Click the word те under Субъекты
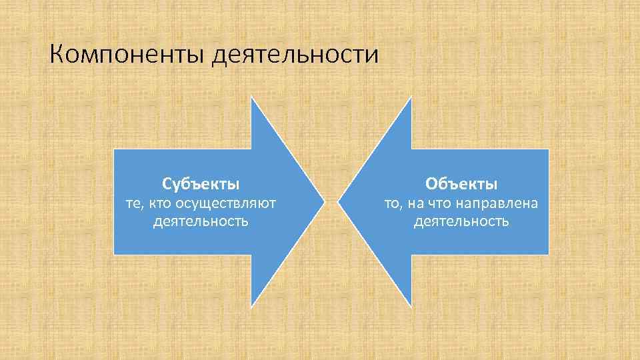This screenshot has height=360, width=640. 135,203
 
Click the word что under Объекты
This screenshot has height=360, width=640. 446,203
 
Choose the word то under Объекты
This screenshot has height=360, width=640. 393,203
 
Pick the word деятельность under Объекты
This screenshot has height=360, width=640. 461,221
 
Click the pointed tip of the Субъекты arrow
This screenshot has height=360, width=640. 324,201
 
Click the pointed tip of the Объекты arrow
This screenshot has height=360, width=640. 339,201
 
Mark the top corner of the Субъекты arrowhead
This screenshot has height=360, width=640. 252,97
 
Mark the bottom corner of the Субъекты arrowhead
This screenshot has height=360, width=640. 252,306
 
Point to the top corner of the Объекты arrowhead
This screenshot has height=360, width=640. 411,97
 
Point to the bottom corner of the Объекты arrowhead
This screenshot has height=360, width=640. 411,306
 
